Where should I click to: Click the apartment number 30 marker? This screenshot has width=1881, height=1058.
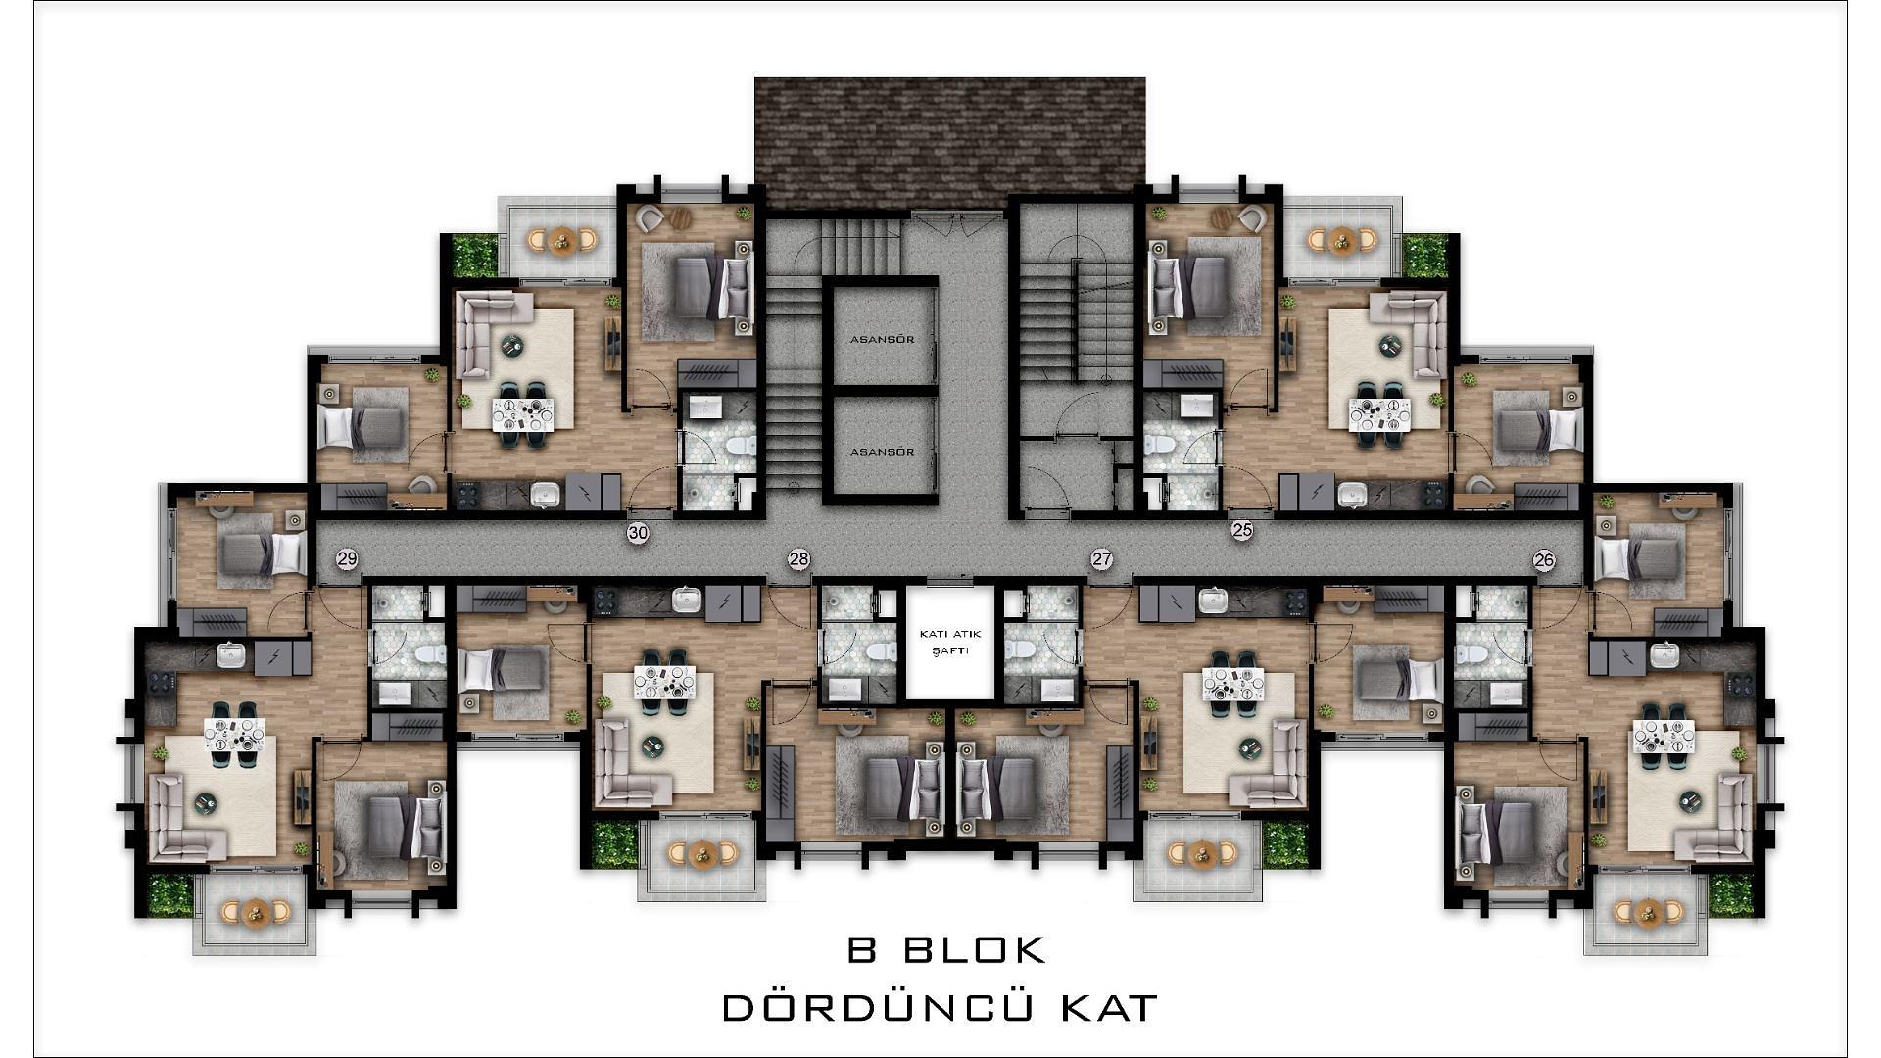coord(638,533)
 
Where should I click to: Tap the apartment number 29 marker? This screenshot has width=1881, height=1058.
coord(347,559)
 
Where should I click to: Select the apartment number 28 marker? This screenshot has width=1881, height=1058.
coord(799,559)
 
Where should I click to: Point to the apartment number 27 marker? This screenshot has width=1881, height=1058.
coord(1102,559)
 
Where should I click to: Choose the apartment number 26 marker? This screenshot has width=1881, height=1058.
coord(1544,560)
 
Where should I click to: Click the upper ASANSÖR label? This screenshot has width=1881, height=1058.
coord(882,340)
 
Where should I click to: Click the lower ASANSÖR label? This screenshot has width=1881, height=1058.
coord(882,452)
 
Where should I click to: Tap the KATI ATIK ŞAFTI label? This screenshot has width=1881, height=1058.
coord(949,643)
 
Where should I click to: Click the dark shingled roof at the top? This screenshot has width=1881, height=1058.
coord(949,142)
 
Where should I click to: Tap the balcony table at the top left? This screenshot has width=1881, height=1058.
coord(562,239)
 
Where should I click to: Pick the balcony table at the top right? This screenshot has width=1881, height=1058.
coord(1342,239)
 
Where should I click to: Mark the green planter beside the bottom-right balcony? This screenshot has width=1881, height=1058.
coord(1731,894)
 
